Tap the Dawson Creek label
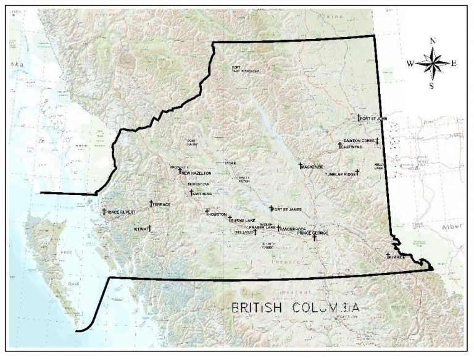click(359, 141)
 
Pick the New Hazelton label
click(197, 174)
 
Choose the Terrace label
click(162, 204)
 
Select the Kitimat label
click(140, 228)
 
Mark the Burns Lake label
click(243, 220)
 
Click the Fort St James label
click(287, 210)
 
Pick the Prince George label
click(313, 233)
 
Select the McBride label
click(397, 256)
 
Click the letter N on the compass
click(433, 41)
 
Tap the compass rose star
click(433, 62)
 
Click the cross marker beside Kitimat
click(149, 228)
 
